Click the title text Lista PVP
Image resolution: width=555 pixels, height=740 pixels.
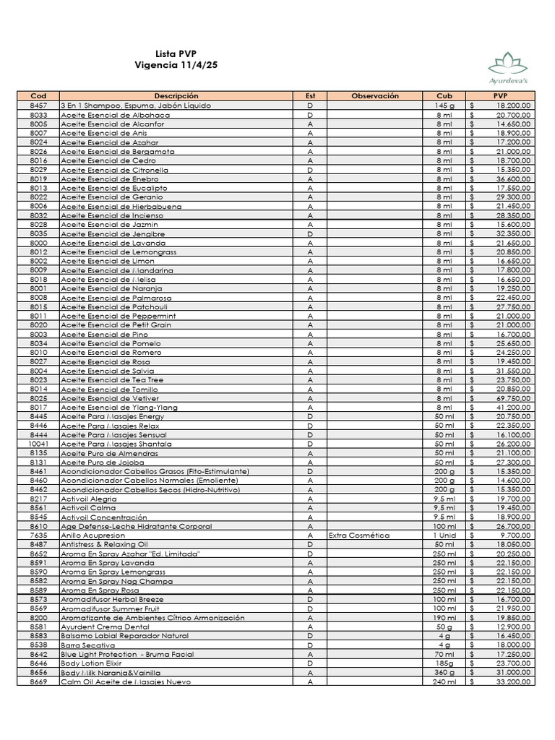(x=176, y=54)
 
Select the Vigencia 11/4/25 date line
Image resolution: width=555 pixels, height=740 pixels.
(x=176, y=65)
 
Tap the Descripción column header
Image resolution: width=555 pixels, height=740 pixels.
(x=176, y=95)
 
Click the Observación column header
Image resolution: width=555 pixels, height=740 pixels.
(x=375, y=95)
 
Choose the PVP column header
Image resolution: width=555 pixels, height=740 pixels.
(x=500, y=95)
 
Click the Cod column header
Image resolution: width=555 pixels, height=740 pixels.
(x=38, y=95)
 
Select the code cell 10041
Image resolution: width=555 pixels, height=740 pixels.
(x=38, y=444)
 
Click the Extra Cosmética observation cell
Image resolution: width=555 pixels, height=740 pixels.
(x=359, y=535)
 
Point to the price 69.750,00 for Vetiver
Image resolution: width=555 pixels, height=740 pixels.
(x=512, y=398)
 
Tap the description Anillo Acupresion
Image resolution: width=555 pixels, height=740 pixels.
(x=93, y=535)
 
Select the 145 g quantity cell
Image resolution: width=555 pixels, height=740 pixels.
(x=444, y=106)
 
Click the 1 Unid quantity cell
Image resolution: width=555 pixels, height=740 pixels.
(x=444, y=535)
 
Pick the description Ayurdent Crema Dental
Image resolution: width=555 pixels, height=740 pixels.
(x=105, y=627)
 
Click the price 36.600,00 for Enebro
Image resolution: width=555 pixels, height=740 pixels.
(x=512, y=178)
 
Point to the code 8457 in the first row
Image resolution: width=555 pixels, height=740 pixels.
(x=38, y=106)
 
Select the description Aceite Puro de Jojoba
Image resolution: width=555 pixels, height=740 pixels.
(x=103, y=462)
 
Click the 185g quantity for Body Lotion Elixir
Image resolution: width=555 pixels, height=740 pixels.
(x=444, y=663)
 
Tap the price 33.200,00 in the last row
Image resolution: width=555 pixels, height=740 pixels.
(x=512, y=681)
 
